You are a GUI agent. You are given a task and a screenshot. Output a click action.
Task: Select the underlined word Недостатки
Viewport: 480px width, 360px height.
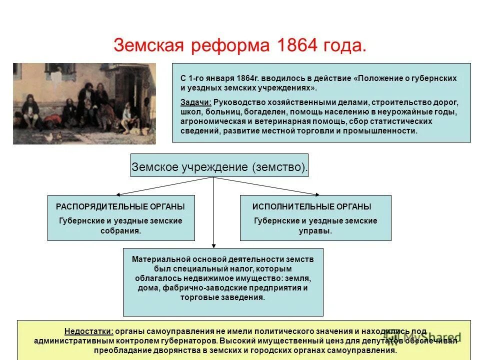pos(88,331)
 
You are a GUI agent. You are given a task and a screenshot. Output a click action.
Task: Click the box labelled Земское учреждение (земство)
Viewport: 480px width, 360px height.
pos(219,167)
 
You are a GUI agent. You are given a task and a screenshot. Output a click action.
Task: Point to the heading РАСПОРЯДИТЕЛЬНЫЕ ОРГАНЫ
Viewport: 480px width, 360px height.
pos(120,206)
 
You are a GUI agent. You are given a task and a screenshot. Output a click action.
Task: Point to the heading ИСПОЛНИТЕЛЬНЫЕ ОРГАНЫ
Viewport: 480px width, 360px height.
pos(311,206)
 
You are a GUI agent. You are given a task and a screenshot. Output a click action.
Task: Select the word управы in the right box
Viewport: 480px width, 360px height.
pos(315,231)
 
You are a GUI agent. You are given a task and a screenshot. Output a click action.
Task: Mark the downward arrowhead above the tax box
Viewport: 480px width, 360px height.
pos(214,245)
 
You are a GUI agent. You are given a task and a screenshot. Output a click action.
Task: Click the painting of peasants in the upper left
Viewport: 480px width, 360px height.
pos(84,103)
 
